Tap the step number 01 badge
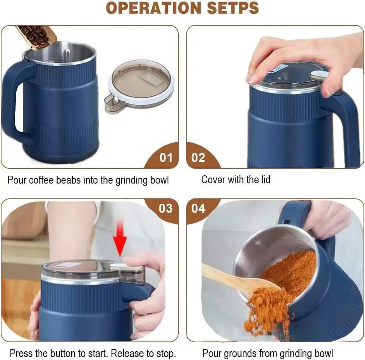(165, 157)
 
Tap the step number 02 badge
(198, 157)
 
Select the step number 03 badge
(165, 209)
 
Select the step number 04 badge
(198, 209)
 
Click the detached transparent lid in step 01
(140, 86)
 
